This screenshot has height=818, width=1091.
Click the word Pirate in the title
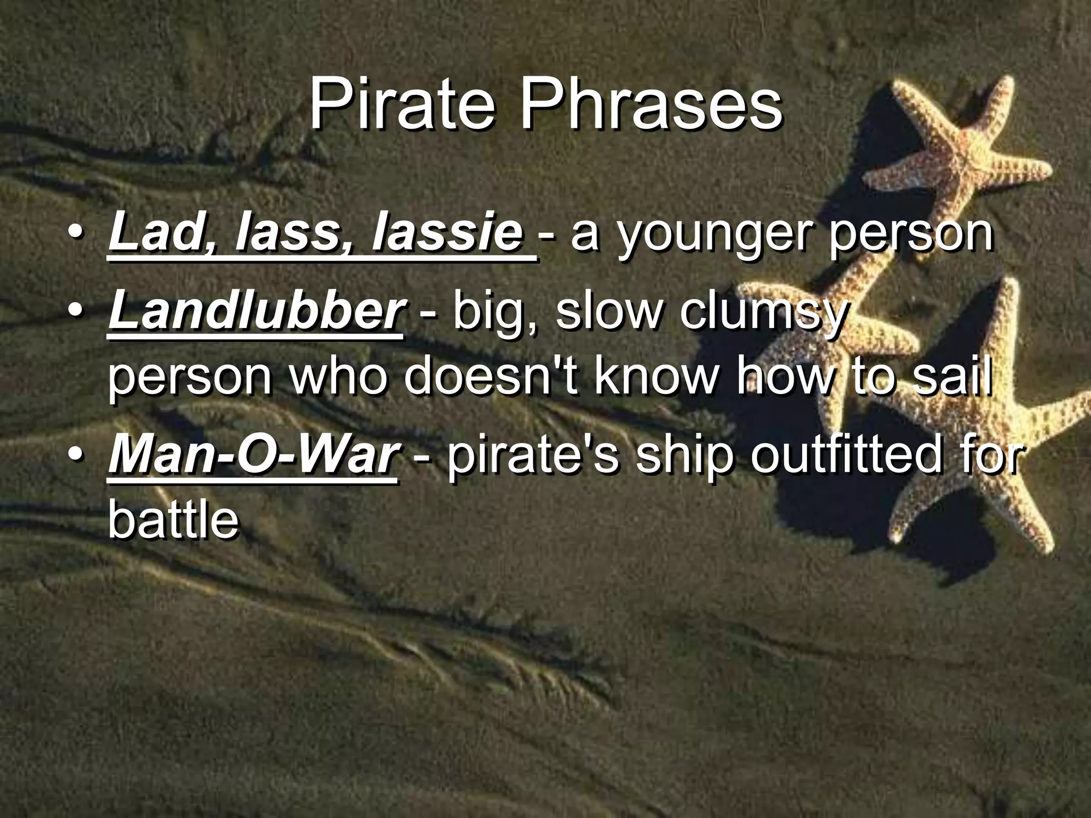[x=401, y=105]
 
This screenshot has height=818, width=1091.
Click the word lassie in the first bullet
[x=448, y=233]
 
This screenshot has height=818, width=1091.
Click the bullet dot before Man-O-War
[x=78, y=455]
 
